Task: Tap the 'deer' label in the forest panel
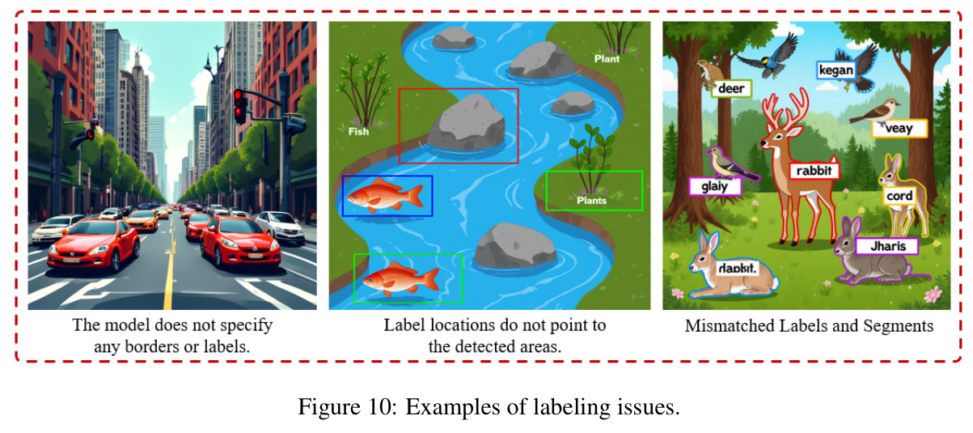[x=731, y=89]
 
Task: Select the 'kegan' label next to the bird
[x=836, y=70]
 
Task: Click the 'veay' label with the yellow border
[x=899, y=129]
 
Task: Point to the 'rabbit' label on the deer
[x=814, y=171]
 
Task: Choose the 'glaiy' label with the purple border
[x=715, y=186]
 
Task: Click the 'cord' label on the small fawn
[x=899, y=196]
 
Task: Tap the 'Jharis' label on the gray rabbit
[x=887, y=247]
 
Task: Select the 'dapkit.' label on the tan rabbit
[x=738, y=268]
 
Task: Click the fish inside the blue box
[x=385, y=196]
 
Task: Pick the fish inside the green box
[x=400, y=279]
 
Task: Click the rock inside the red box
[x=466, y=123]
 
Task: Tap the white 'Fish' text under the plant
[x=358, y=131]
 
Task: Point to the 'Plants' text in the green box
[x=591, y=201]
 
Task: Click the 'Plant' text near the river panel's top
[x=607, y=59]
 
